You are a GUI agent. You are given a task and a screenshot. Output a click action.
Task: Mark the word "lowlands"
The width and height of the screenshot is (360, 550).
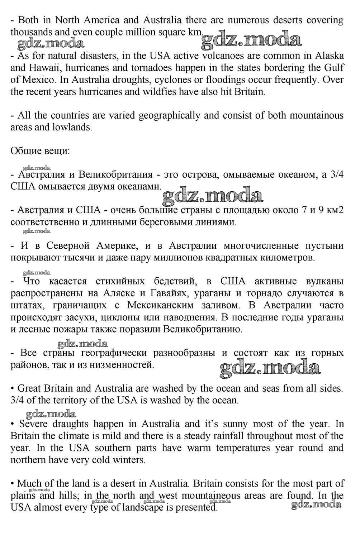(73, 127)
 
